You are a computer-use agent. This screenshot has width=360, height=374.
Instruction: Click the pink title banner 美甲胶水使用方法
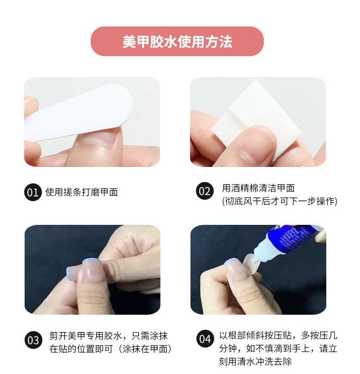pos(177,41)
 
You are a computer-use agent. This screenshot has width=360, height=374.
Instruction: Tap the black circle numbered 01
pos(33,192)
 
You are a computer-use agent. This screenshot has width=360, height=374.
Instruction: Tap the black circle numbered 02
pos(205,191)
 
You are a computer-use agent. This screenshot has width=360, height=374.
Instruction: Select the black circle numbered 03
pos(33,340)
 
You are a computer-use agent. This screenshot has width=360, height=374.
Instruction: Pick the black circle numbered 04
pos(205,339)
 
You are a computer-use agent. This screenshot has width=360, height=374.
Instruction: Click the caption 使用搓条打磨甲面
pos(82,192)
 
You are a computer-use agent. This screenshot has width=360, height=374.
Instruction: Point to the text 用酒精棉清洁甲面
pos(258,188)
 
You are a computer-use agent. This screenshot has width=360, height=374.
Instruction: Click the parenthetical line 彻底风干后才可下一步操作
pos(280,201)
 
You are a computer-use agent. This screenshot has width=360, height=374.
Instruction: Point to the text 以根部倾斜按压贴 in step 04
pos(256,335)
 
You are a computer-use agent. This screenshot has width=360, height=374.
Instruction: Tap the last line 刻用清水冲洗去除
pos(255,361)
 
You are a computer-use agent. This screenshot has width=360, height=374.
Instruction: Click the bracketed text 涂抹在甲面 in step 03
pos(145,349)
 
